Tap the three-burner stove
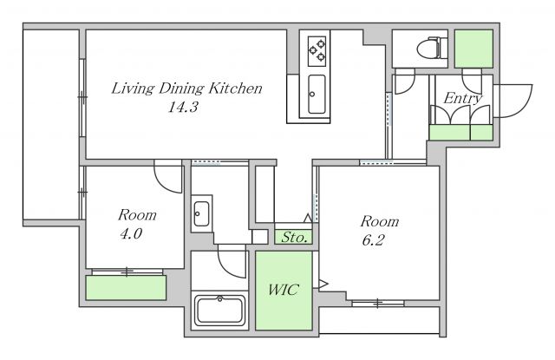tap(317, 51)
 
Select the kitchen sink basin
tap(317, 94)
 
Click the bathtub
tap(219, 310)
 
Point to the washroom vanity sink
tap(202, 213)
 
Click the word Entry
tap(462, 98)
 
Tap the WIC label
tap(284, 290)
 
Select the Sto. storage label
tap(294, 237)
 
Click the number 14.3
tap(183, 107)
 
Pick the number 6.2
tap(373, 240)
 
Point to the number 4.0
tap(131, 233)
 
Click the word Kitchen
tap(235, 88)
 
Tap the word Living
tap(133, 88)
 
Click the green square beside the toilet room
tap(473, 49)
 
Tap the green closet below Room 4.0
tap(126, 287)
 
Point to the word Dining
tap(181, 88)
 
